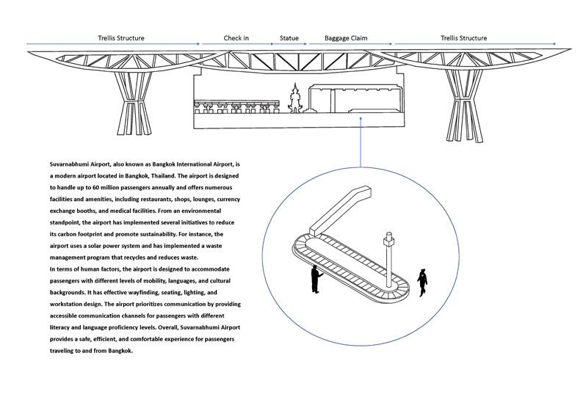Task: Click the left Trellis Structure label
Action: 121,38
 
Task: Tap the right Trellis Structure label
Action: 463,38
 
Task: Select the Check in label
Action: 236,38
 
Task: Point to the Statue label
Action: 289,38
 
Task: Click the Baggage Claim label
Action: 346,38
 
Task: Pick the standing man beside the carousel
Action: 316,279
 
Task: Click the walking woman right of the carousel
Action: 422,282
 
